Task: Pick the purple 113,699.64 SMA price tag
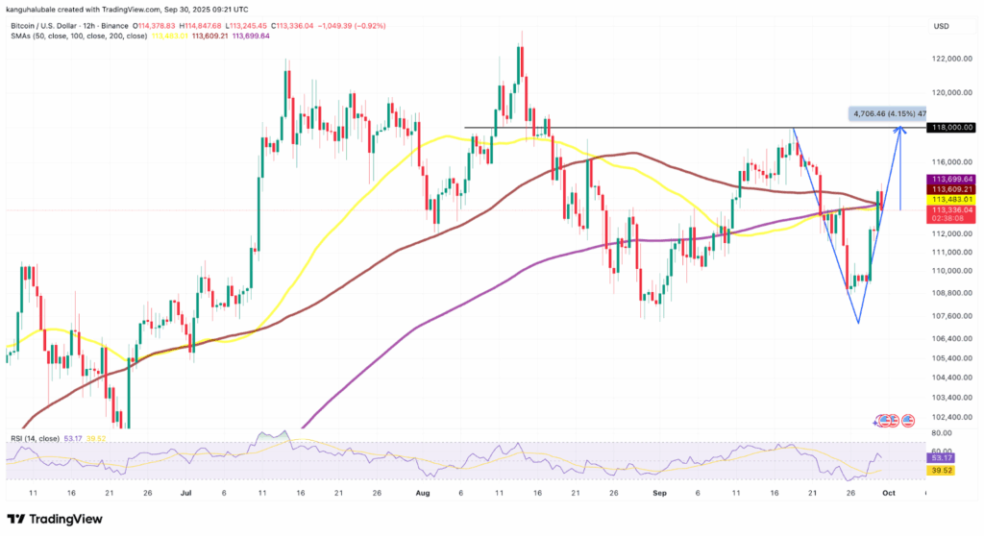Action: pos(952,178)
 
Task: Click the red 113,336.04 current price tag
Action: pos(952,208)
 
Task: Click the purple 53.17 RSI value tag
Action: pos(942,457)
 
